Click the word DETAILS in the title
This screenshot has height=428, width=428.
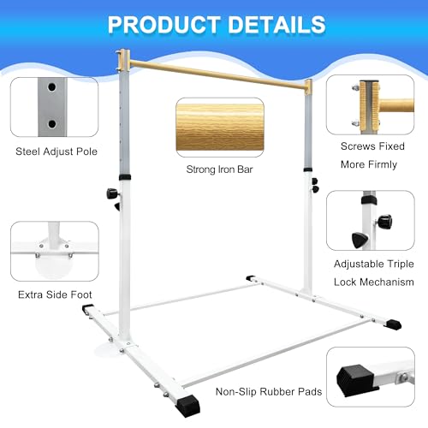tap(276, 25)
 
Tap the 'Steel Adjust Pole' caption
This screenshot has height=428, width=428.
tap(56, 152)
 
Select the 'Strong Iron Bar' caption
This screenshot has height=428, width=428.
tap(219, 169)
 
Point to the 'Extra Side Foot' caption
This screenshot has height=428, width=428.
tap(55, 294)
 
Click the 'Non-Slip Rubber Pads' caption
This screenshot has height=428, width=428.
tap(269, 391)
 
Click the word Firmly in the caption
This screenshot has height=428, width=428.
tap(383, 164)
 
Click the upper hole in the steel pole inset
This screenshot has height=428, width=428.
tap(51, 87)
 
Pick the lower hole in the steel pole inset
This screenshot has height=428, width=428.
tap(52, 124)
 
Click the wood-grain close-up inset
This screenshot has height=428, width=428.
tap(220, 128)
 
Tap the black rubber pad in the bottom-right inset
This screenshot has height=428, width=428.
tap(354, 380)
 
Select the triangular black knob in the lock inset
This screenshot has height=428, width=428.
tap(360, 240)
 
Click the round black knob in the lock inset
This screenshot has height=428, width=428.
tap(385, 222)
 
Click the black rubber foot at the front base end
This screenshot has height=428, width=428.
tap(187, 406)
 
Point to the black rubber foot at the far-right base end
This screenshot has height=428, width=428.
tap(394, 324)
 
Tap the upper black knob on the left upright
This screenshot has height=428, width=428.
tap(112, 193)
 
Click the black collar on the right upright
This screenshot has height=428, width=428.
tap(307, 169)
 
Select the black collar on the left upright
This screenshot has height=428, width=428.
tap(125, 177)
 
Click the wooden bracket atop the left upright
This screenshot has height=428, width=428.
tap(124, 61)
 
